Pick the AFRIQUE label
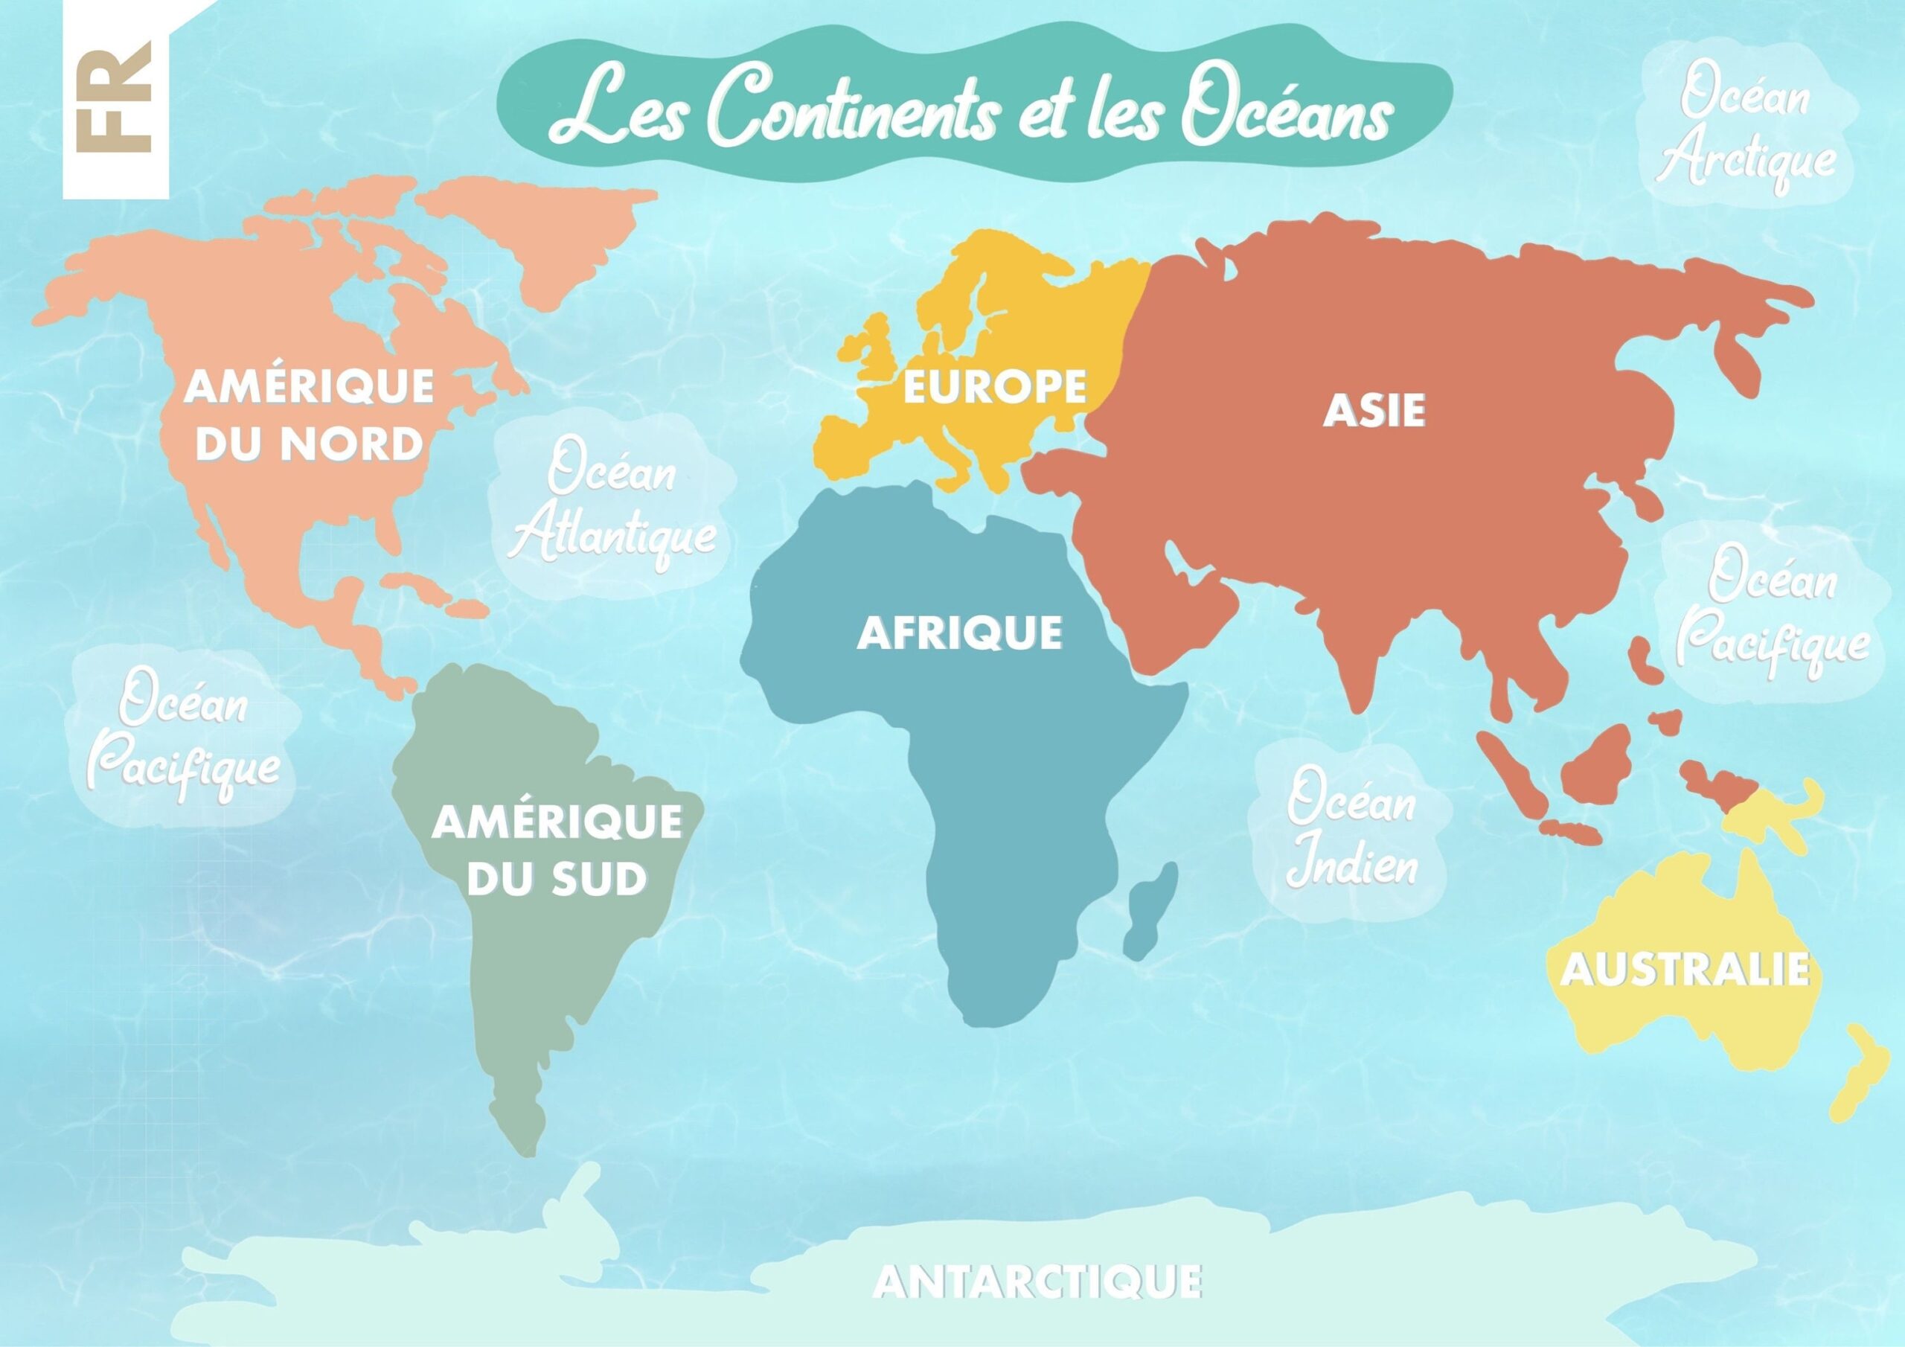(x=959, y=633)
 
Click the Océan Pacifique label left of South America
(x=185, y=734)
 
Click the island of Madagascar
(x=1149, y=909)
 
